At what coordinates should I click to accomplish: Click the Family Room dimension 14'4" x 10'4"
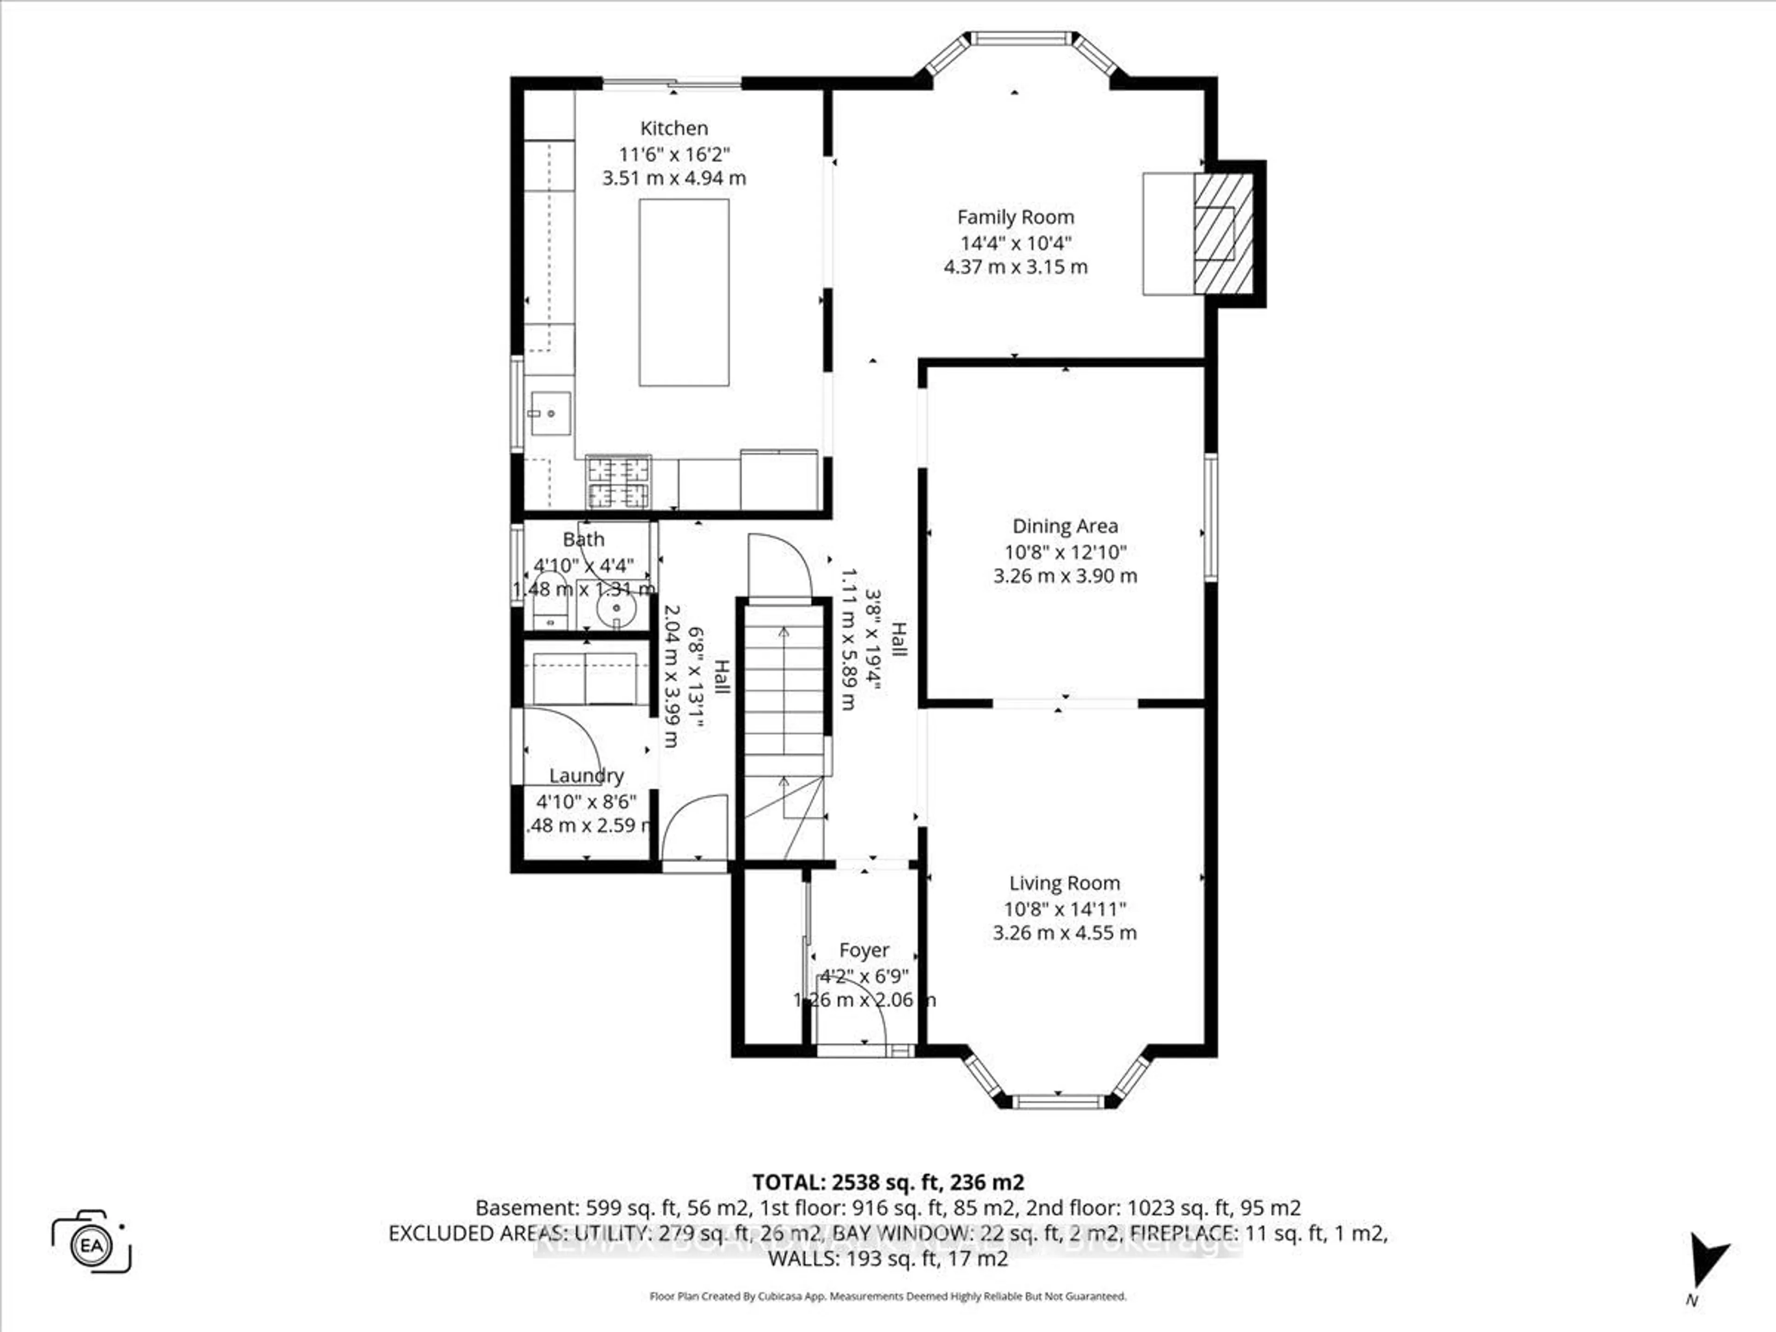1016,242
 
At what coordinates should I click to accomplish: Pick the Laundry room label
586,776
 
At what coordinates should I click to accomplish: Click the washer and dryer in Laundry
586,678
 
